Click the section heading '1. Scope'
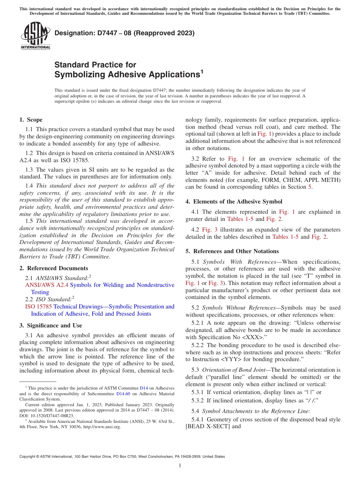coord(31,120)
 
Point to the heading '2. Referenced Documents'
coord(48,268)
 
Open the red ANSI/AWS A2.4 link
coord(47,285)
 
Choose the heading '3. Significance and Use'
coord(50,326)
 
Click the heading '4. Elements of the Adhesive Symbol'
coord(234,202)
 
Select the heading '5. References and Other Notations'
coord(232,251)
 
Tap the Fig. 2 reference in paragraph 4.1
coord(274,219)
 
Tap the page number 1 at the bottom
coord(180,465)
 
